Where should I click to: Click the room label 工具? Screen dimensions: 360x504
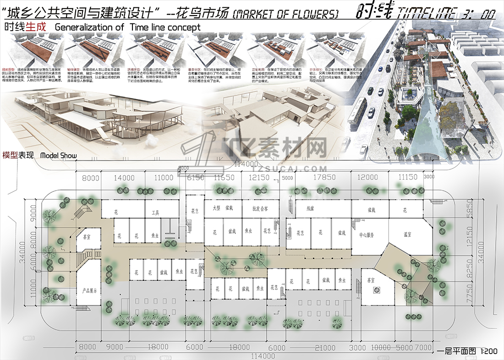click(x=155, y=213)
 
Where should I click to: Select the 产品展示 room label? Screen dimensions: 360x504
click(x=89, y=291)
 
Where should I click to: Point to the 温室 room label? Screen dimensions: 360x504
click(x=407, y=235)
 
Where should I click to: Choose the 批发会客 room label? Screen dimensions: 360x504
click(x=259, y=208)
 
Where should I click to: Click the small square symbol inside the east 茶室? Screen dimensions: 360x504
click(x=377, y=289)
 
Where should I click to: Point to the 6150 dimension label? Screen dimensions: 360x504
click(x=196, y=178)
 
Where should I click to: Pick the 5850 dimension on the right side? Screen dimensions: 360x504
click(x=469, y=210)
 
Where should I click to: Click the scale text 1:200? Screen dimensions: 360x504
click(x=488, y=352)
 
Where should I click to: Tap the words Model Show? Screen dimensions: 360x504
click(x=59, y=155)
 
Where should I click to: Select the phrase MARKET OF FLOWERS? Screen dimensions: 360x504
click(x=286, y=15)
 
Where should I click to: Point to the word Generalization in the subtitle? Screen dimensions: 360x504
click(x=89, y=27)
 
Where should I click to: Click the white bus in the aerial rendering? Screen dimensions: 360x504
click(x=357, y=111)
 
